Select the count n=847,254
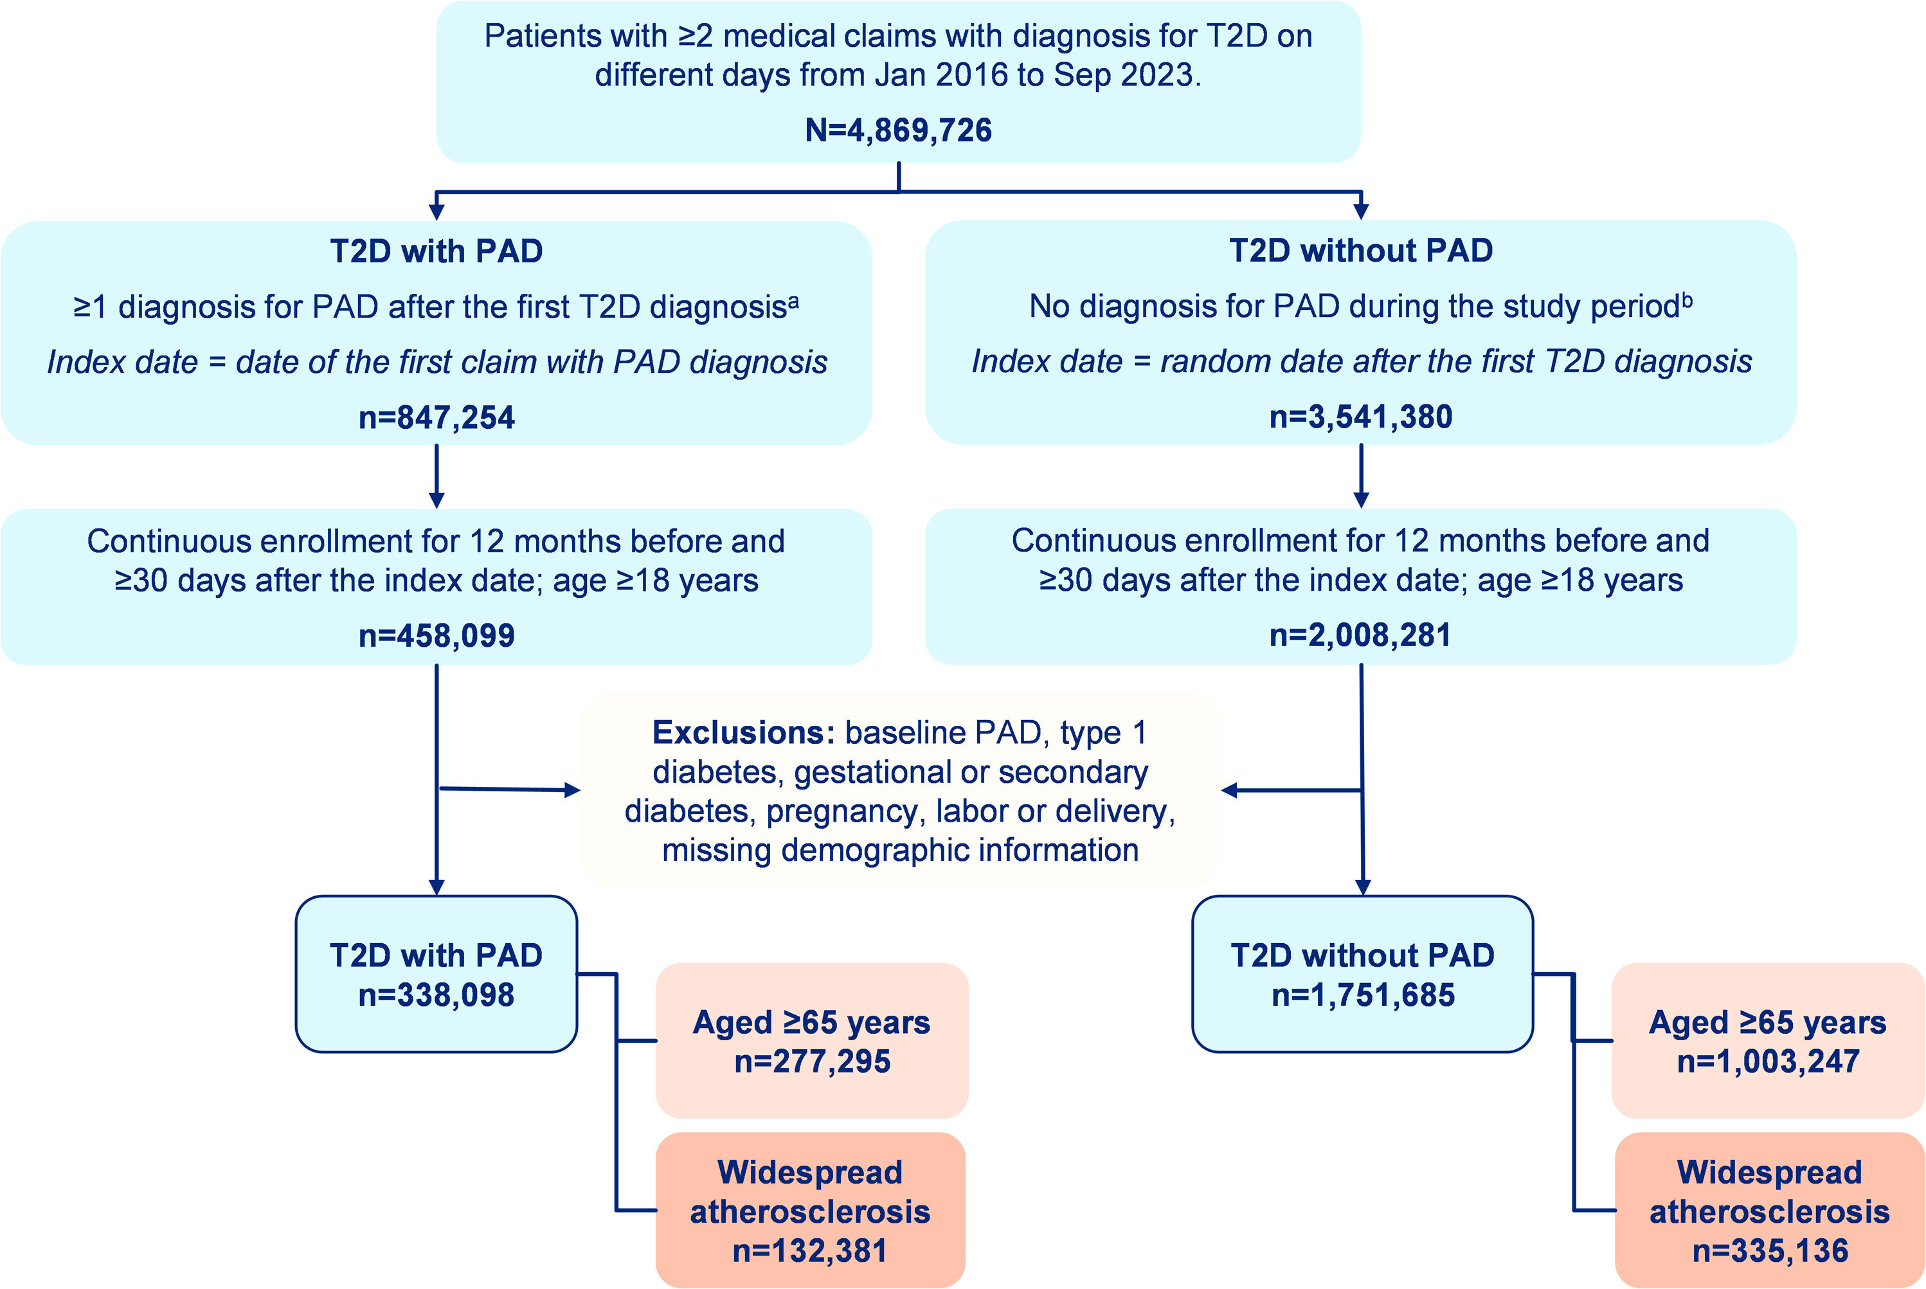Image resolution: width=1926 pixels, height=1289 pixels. (437, 418)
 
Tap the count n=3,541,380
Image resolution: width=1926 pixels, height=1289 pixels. (1360, 417)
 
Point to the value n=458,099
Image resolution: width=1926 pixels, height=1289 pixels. (437, 635)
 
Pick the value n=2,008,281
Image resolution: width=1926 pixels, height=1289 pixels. (1360, 635)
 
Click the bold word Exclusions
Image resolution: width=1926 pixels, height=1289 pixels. (743, 732)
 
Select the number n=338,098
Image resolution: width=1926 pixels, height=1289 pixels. (437, 995)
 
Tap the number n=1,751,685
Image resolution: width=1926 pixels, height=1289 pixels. (1363, 995)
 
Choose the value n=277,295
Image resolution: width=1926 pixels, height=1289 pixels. (812, 1061)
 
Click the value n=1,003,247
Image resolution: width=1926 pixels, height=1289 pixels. (1768, 1061)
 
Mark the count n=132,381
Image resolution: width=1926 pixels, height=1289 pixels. (811, 1250)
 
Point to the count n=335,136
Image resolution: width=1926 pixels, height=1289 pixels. (1770, 1250)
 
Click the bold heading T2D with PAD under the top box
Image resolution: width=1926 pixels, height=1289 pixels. (437, 251)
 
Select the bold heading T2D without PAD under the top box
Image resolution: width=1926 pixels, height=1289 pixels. (1360, 250)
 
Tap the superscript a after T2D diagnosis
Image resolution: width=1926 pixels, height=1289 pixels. (793, 301)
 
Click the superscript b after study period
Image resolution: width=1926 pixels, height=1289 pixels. (1687, 300)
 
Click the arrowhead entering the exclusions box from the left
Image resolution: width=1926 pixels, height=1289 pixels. (572, 791)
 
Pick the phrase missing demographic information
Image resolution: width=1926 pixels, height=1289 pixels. (900, 850)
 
